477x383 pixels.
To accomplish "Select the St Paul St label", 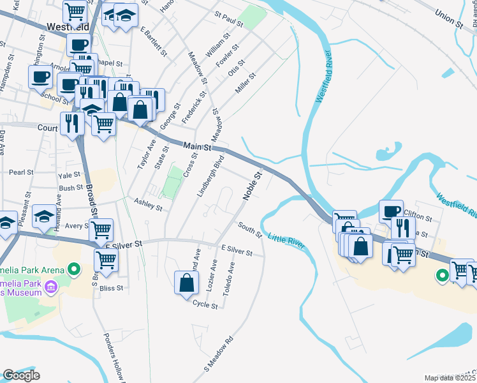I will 230,22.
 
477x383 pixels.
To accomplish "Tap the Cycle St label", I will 205,306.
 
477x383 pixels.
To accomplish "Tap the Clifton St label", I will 418,218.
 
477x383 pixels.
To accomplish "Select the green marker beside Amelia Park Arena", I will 74,270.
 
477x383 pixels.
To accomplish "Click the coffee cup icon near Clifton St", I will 391,211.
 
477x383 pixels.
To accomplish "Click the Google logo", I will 21,375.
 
